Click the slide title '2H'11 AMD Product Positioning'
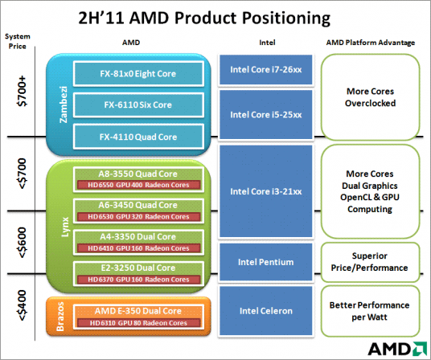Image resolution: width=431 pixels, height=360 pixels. pyautogui.click(x=215, y=17)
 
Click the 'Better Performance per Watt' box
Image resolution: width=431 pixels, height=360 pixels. pyautogui.click(x=369, y=311)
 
